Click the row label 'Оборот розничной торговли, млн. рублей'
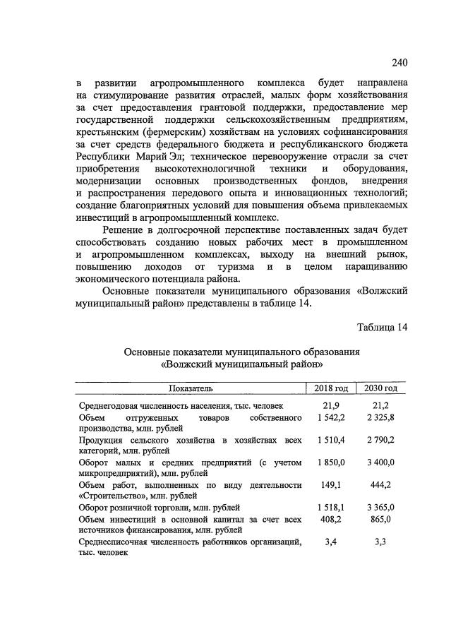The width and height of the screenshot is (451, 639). pos(160,507)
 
